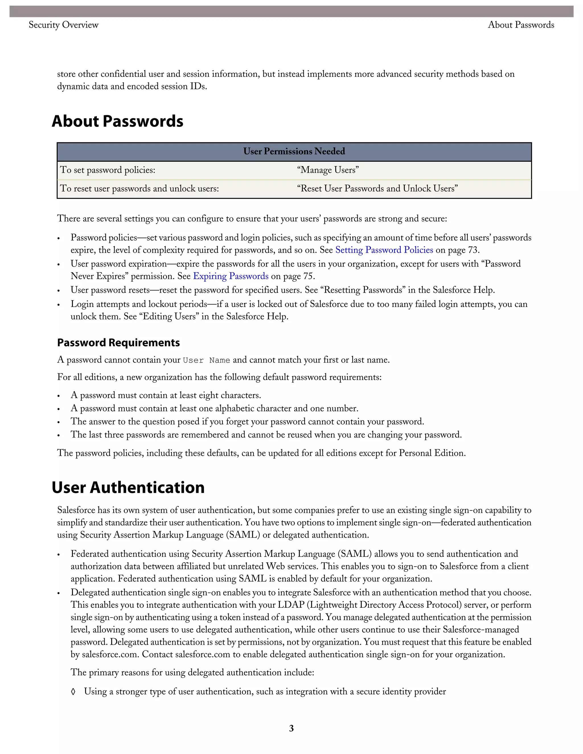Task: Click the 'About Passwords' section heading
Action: tap(118, 121)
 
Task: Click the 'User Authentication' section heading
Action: tap(128, 487)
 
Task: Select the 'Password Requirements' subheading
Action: tap(118, 343)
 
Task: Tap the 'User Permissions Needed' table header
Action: tap(294, 152)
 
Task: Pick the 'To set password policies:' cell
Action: tap(108, 170)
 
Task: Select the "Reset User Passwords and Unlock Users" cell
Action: tap(377, 188)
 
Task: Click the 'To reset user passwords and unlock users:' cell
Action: tap(139, 188)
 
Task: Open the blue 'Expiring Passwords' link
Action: tap(231, 276)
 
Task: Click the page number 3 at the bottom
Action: tap(291, 728)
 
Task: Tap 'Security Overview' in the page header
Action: tap(63, 25)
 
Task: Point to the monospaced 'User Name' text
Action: tap(207, 360)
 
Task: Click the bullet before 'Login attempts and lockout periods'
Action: tap(59, 305)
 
